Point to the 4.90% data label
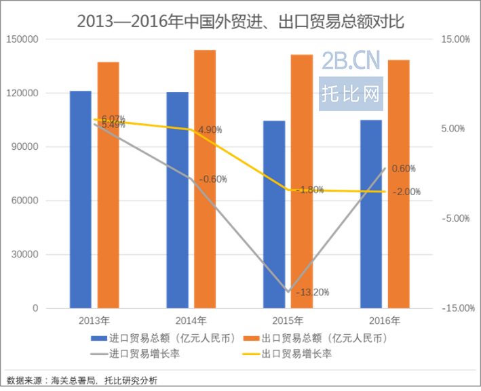click(x=210, y=129)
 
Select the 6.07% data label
click(x=113, y=119)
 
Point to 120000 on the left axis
click(x=24, y=93)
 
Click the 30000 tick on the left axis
click(x=26, y=255)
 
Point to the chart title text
click(x=240, y=21)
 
